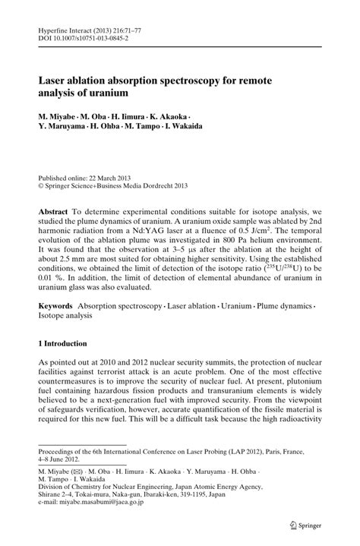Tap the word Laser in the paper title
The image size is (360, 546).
point(55,80)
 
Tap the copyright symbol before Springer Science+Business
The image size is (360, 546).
point(42,183)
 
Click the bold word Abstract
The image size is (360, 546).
point(57,207)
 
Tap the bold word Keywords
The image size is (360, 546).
point(62,305)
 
